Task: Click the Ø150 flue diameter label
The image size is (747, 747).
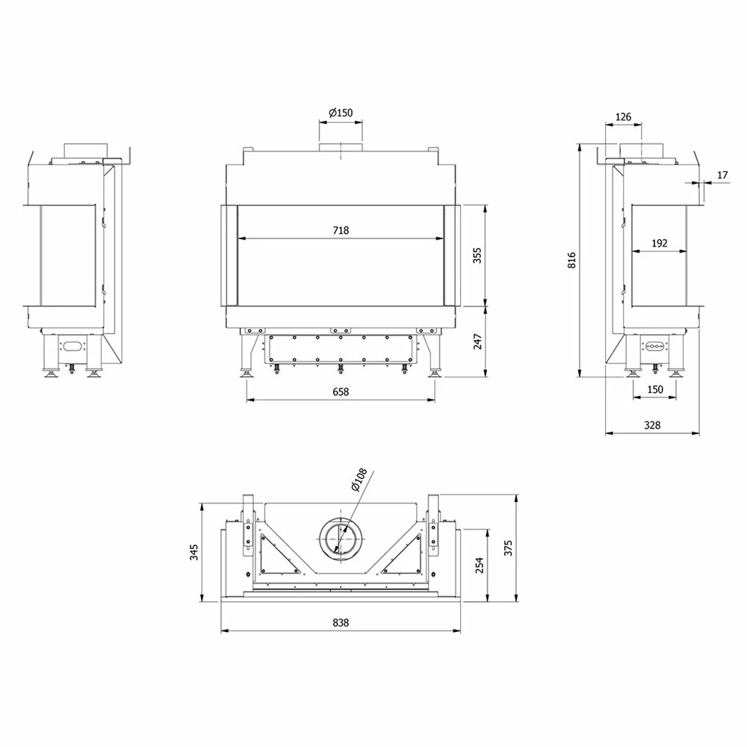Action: (x=341, y=113)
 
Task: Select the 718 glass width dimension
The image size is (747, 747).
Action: (x=341, y=231)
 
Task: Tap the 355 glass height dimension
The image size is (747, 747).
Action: (x=477, y=255)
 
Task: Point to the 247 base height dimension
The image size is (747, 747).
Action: (x=477, y=341)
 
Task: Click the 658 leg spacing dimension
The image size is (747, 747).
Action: (x=341, y=391)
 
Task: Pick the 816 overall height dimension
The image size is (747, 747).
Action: (x=571, y=260)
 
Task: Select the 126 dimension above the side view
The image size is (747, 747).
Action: (x=623, y=117)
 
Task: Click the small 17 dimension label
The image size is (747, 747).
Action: (x=722, y=175)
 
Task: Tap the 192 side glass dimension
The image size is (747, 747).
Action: (x=660, y=244)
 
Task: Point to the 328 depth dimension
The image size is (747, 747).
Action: (x=652, y=425)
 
